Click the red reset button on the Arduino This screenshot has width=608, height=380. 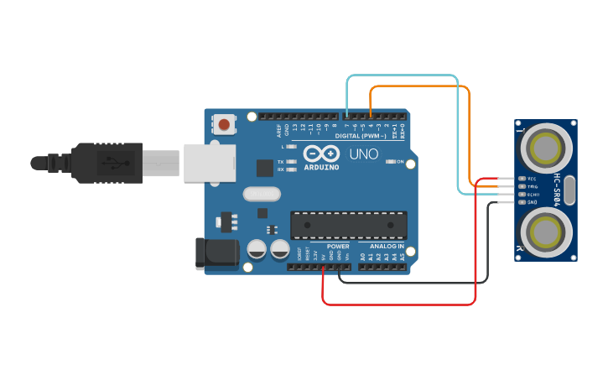click(x=224, y=125)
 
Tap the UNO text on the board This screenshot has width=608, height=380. click(x=363, y=154)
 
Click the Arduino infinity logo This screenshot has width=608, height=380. click(x=321, y=154)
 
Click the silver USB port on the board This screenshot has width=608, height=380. click(x=210, y=161)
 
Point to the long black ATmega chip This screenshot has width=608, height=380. click(x=349, y=225)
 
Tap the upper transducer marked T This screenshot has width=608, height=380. click(x=546, y=148)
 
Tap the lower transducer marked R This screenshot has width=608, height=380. click(x=546, y=231)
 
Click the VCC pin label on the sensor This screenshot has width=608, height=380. click(x=532, y=180)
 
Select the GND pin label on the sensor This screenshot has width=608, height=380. click(x=532, y=202)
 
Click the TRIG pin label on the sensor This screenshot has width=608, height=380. click(x=532, y=187)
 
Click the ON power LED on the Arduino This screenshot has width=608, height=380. click(x=390, y=161)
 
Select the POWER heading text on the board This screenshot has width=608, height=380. click(x=338, y=247)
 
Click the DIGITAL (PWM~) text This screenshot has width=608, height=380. click(x=361, y=135)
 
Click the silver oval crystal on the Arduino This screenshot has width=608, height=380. click(x=261, y=195)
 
